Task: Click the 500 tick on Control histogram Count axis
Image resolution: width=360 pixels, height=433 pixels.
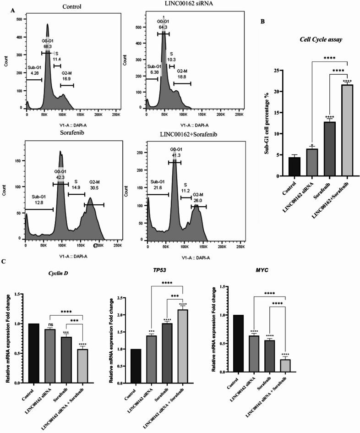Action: (x=19, y=20)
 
